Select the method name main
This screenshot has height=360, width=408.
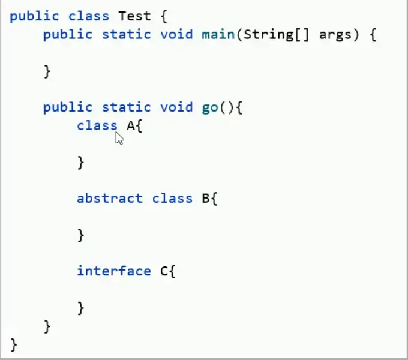[218, 34]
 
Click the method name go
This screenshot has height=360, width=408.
[210, 107]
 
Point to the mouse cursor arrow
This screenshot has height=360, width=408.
[119, 139]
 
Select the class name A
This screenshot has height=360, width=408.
[130, 125]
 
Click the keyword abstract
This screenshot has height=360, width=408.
[110, 198]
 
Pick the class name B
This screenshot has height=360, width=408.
[205, 198]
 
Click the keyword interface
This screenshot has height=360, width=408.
[113, 271]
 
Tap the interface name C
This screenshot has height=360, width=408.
[164, 271]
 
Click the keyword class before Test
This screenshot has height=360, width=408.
[89, 16]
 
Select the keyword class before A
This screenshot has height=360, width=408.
[97, 125]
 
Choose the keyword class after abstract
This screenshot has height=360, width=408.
[172, 198]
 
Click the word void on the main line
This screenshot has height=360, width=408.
[176, 34]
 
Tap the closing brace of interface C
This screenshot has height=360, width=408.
[80, 308]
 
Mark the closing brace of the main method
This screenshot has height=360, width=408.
[47, 71]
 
